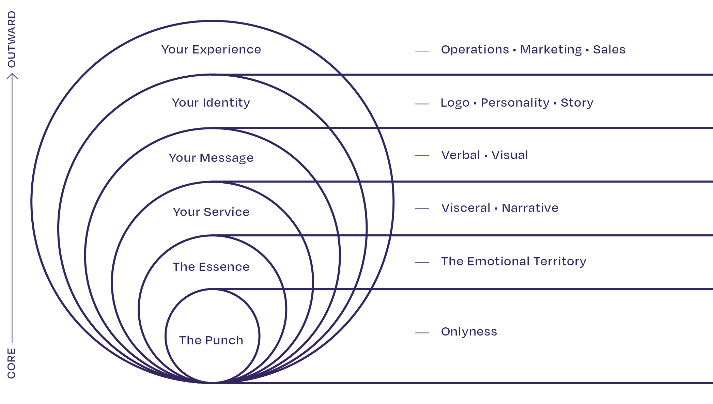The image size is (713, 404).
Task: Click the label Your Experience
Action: coord(211,50)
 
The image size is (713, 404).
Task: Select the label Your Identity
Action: coord(211,103)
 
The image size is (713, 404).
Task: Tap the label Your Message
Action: coord(211,158)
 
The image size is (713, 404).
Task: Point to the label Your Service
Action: coord(211,212)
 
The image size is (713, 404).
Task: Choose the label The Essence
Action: coord(211,267)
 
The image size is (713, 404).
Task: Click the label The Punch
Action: coord(211,340)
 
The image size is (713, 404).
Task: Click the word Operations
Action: coord(475,50)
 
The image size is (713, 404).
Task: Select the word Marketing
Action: coord(551,50)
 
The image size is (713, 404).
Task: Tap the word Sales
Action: coord(609,50)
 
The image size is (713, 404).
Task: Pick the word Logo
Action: coord(455,103)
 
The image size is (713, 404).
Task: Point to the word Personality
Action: coord(515,103)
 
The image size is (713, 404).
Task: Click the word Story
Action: coord(577,103)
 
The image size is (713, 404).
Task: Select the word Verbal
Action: coord(461,155)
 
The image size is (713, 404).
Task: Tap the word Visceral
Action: coord(466,208)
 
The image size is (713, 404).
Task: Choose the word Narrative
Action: coord(530,208)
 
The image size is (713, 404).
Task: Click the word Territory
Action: coord(560,262)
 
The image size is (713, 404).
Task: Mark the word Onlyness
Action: coord(469,332)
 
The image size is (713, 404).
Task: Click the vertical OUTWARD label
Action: coord(12,40)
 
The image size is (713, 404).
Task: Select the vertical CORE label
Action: coord(12,363)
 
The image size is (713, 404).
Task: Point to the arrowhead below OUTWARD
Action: coord(12,76)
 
